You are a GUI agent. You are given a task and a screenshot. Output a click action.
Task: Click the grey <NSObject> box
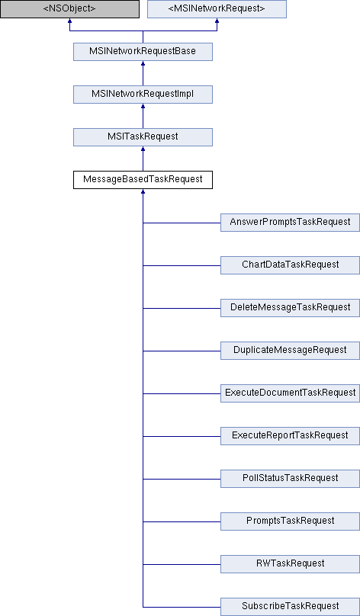coord(69,8)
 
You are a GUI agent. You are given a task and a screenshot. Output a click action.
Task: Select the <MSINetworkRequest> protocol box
coord(217,8)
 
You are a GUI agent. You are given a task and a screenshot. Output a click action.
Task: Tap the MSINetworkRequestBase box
coord(143,52)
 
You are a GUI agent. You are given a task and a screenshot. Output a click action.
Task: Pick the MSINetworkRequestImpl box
coord(143,95)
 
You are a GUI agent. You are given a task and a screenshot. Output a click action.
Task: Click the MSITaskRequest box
coord(143,137)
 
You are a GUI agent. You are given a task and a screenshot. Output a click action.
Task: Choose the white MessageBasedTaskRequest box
coord(143,179)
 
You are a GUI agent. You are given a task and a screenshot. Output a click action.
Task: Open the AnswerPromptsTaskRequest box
coord(290,223)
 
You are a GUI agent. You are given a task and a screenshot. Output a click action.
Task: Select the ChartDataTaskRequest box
coord(290,265)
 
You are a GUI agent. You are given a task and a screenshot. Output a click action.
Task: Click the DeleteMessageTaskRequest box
coord(290,307)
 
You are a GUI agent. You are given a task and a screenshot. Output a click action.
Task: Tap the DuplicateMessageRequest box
coord(290,351)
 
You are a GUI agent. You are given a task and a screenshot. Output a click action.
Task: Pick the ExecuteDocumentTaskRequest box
coord(290,393)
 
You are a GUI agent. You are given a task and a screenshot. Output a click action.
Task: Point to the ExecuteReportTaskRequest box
coord(290,435)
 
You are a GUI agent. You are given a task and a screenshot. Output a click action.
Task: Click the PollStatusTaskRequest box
coord(290,479)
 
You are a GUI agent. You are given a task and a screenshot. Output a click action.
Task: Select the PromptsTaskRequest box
coord(290,521)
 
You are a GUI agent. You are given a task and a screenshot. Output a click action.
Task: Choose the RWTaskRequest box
coord(290,563)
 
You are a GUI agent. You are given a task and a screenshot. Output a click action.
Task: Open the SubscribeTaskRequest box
coord(290,607)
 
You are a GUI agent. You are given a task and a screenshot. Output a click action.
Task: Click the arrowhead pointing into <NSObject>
coord(69,20)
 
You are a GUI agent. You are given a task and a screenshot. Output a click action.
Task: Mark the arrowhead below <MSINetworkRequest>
coord(217,20)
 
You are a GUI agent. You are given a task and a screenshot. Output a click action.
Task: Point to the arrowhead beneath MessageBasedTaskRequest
coord(143,191)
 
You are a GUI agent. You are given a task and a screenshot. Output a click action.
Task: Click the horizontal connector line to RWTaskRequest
coord(182,564)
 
